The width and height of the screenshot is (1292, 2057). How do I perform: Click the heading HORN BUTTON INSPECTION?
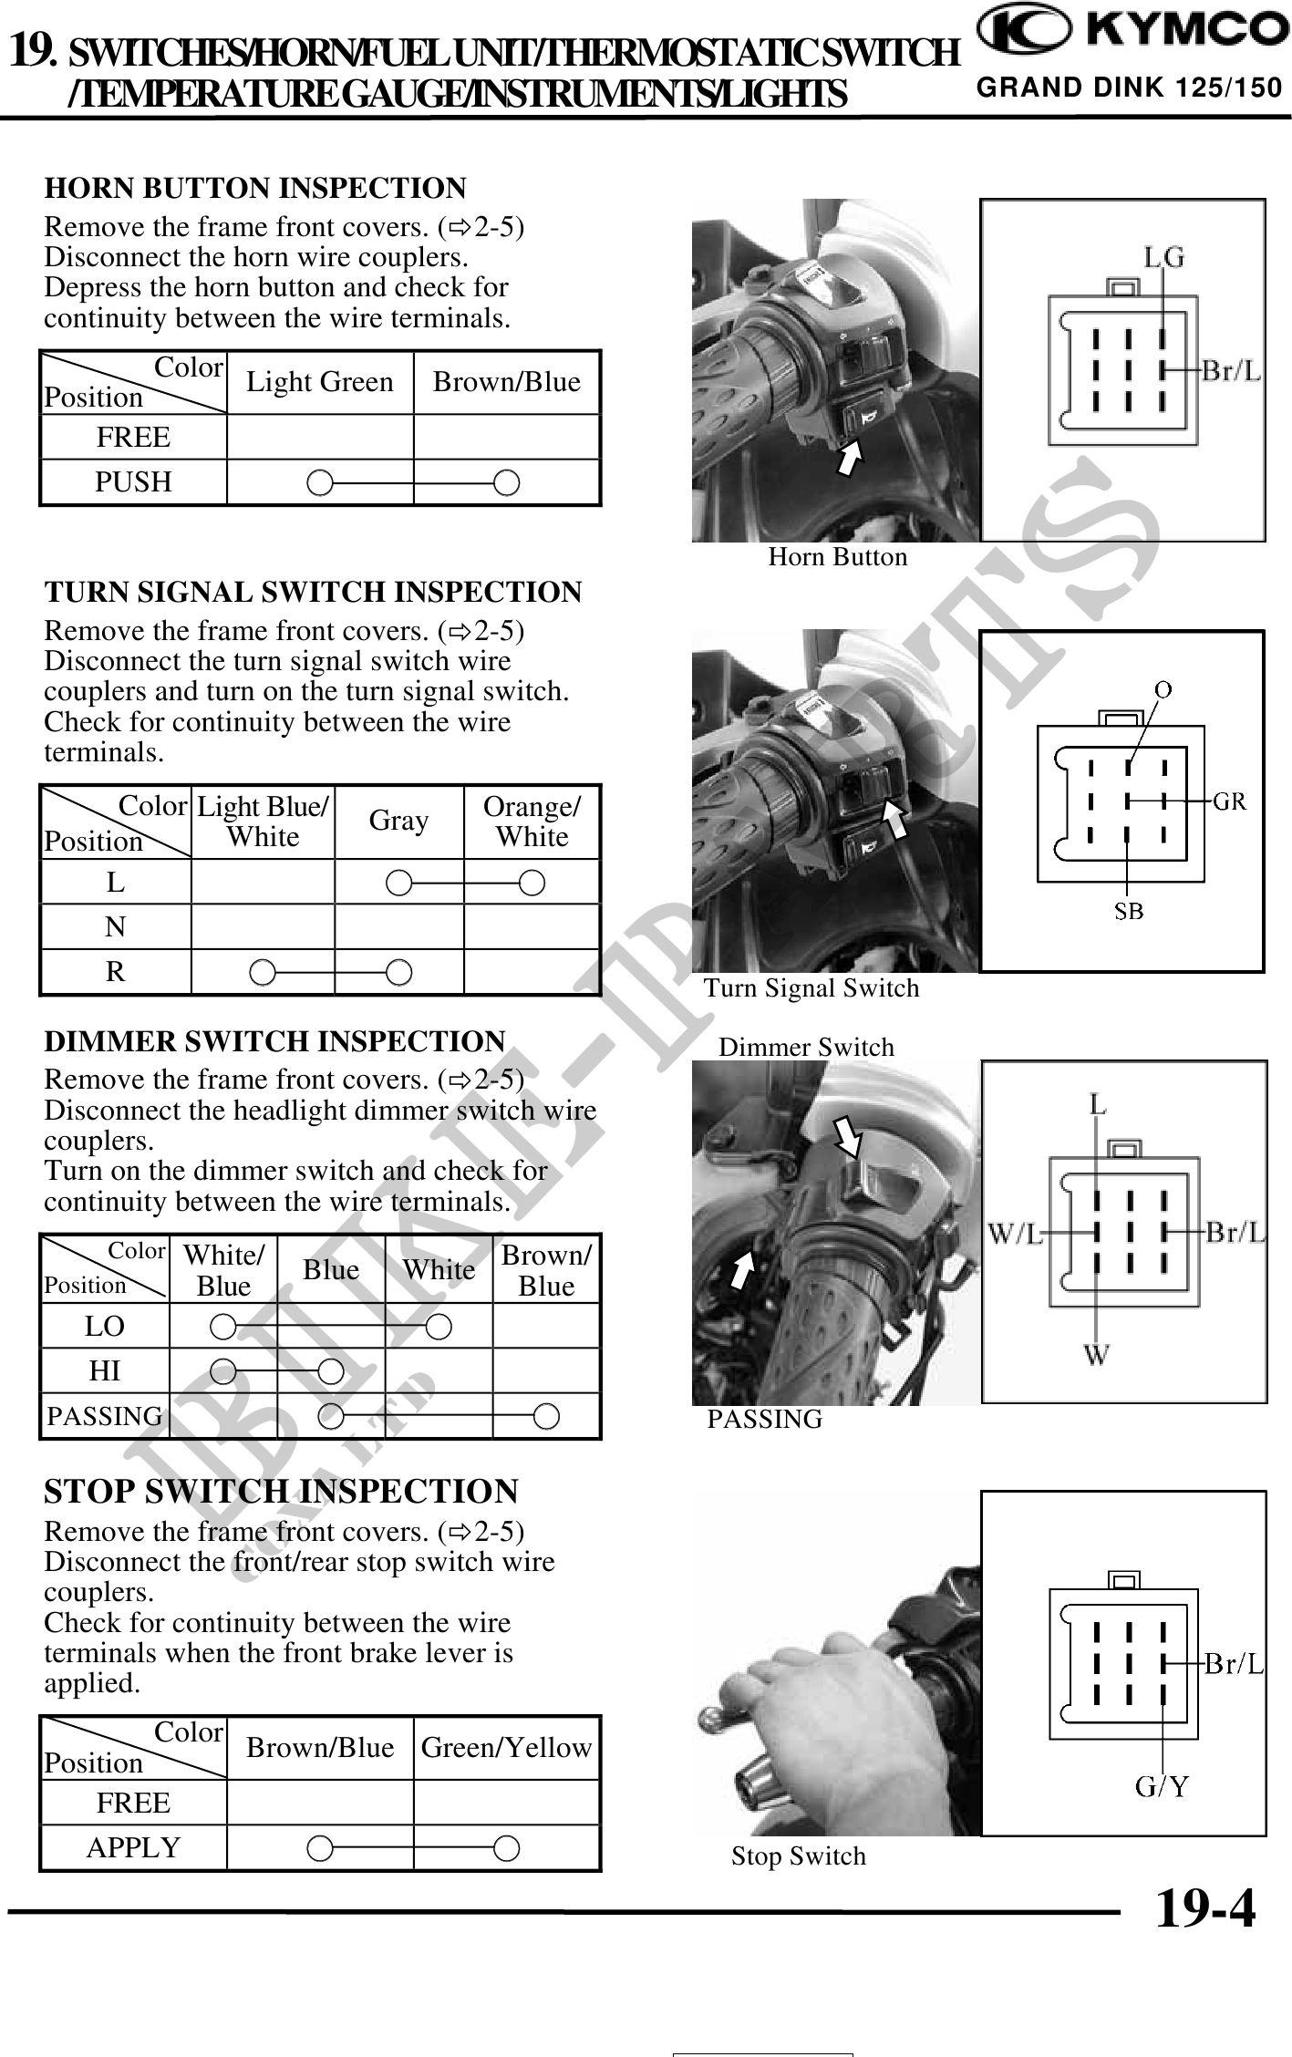point(255,189)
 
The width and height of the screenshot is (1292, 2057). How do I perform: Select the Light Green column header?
point(320,382)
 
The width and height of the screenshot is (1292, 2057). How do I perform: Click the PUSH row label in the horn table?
point(133,481)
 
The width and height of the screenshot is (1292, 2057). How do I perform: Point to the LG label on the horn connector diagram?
point(1164,258)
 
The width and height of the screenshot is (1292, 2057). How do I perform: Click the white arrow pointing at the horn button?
point(851,457)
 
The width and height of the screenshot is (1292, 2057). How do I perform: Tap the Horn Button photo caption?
point(837,557)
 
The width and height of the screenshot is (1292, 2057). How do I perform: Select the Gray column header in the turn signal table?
point(398,822)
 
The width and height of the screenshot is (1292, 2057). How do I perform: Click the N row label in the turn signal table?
point(115,927)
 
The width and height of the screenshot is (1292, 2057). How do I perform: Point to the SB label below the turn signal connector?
point(1129,911)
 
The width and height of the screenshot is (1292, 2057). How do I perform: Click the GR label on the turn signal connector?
point(1230,801)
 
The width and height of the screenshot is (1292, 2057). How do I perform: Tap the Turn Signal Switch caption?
point(811,988)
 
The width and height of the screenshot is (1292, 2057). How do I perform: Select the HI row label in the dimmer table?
point(105,1371)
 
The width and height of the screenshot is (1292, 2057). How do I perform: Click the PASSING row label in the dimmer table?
point(105,1416)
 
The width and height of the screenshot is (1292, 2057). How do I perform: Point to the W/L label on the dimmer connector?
point(1016,1234)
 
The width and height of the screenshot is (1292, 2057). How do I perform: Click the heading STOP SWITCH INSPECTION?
point(281,1493)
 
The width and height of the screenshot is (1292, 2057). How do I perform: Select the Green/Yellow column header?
point(506,1748)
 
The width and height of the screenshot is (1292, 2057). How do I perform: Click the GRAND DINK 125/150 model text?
point(1129,88)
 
